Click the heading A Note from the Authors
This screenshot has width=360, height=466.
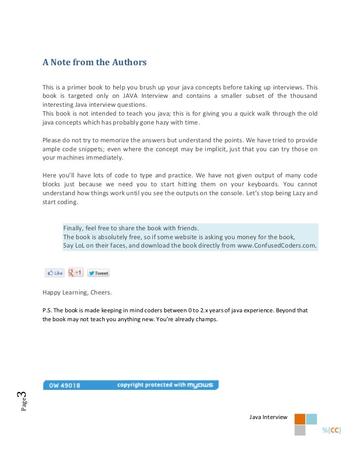pyautogui.click(x=94, y=62)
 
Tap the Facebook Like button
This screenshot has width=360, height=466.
pyautogui.click(x=55, y=273)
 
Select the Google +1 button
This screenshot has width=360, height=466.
pyautogui.click(x=76, y=272)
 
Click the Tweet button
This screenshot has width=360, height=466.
pyautogui.click(x=98, y=273)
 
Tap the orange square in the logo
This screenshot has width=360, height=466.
pyautogui.click(x=300, y=419)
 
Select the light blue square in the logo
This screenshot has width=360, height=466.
pyautogui.click(x=312, y=419)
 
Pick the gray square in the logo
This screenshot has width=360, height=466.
pyautogui.click(x=300, y=430)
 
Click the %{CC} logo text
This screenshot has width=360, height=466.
pyautogui.click(x=332, y=430)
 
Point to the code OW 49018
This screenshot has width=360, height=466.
pyautogui.click(x=64, y=385)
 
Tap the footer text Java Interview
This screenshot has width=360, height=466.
pyautogui.click(x=268, y=417)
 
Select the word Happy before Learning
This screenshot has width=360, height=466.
pyautogui.click(x=51, y=293)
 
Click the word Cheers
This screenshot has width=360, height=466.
pyautogui.click(x=101, y=293)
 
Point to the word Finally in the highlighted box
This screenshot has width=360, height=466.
pyautogui.click(x=73, y=228)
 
